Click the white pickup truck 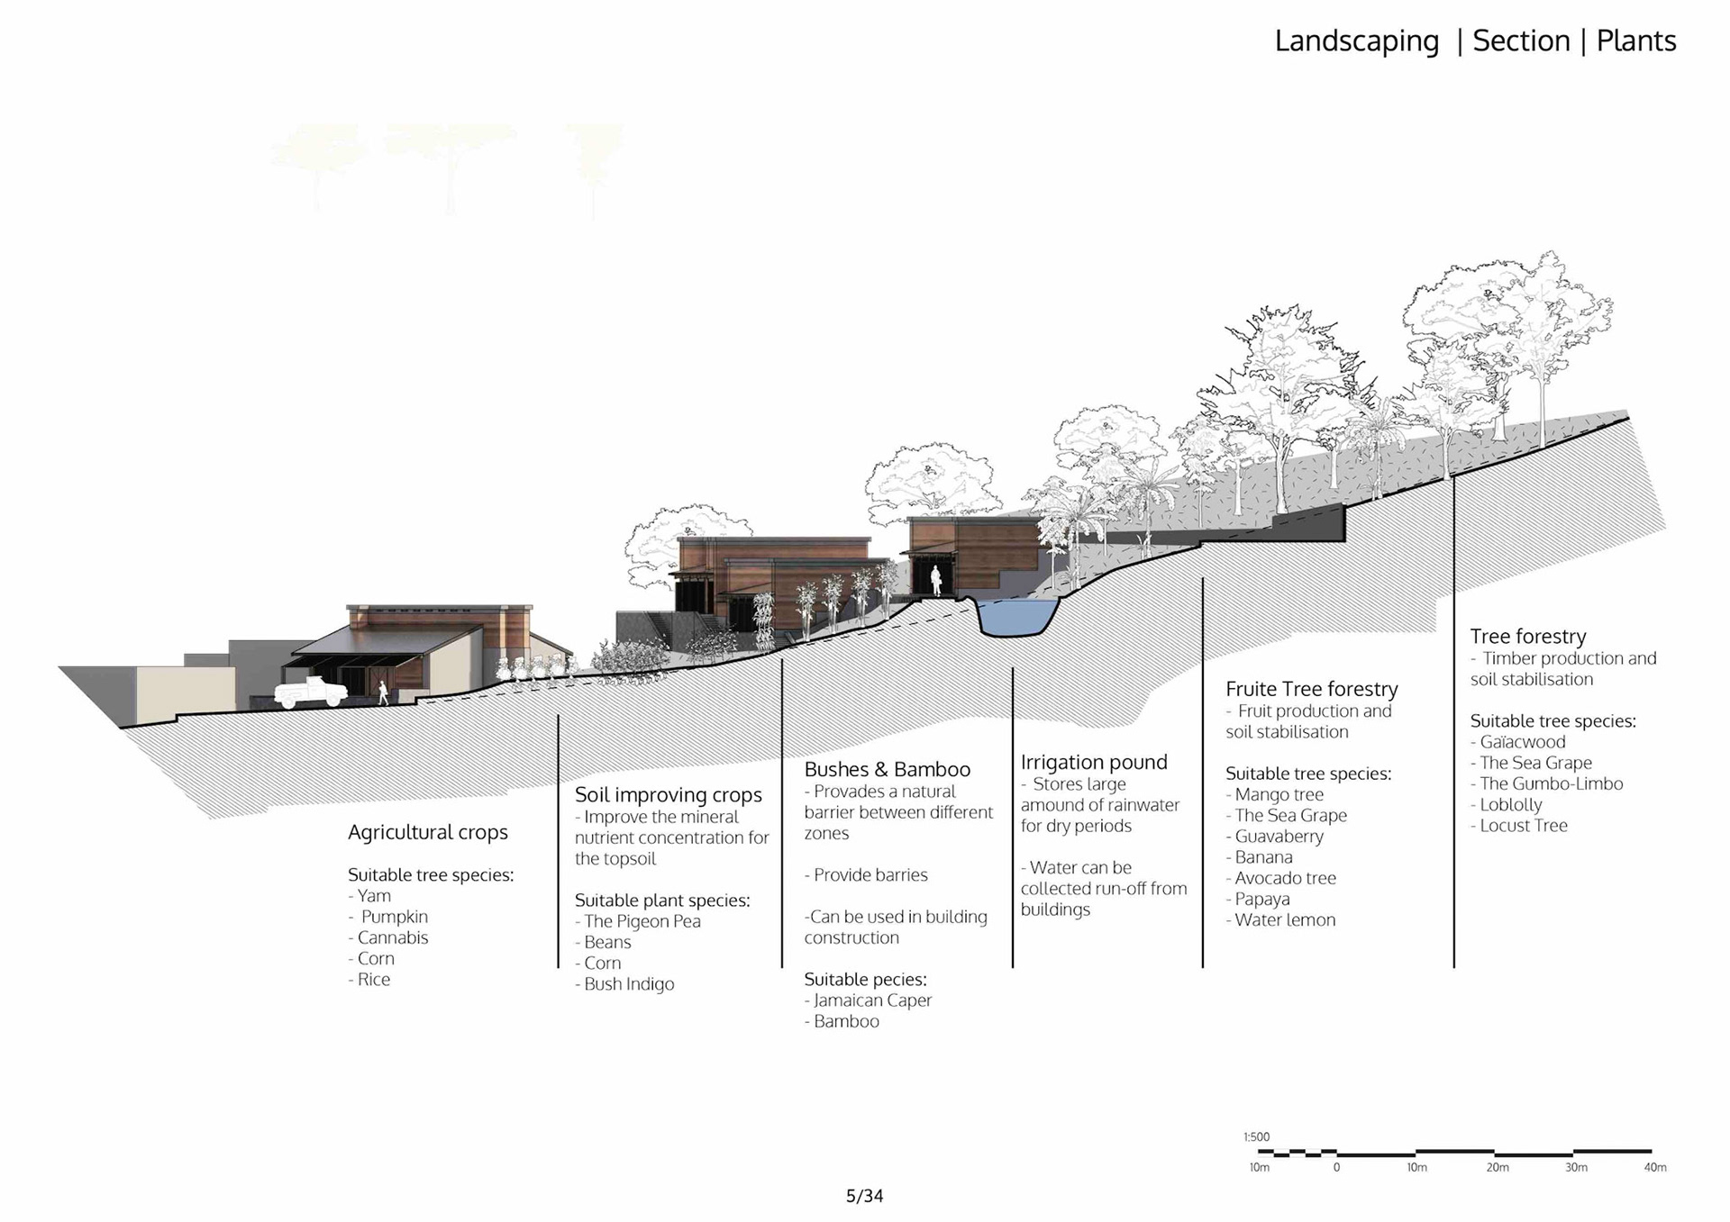(x=310, y=692)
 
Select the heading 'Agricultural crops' (x=428, y=833)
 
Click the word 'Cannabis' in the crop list (x=393, y=937)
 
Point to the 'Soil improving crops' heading (x=668, y=795)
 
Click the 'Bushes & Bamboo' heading (x=887, y=770)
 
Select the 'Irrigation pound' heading (x=1094, y=763)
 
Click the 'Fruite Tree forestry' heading (x=1311, y=690)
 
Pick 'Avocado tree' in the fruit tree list (x=1285, y=878)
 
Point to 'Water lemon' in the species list (x=1285, y=920)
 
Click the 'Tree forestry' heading (x=1527, y=637)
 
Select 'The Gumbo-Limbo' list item (x=1551, y=783)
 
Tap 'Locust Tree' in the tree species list (x=1523, y=826)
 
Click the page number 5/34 (x=864, y=1196)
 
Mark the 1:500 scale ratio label (x=1256, y=1137)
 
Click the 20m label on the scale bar (x=1497, y=1168)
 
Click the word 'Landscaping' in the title (x=1356, y=41)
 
